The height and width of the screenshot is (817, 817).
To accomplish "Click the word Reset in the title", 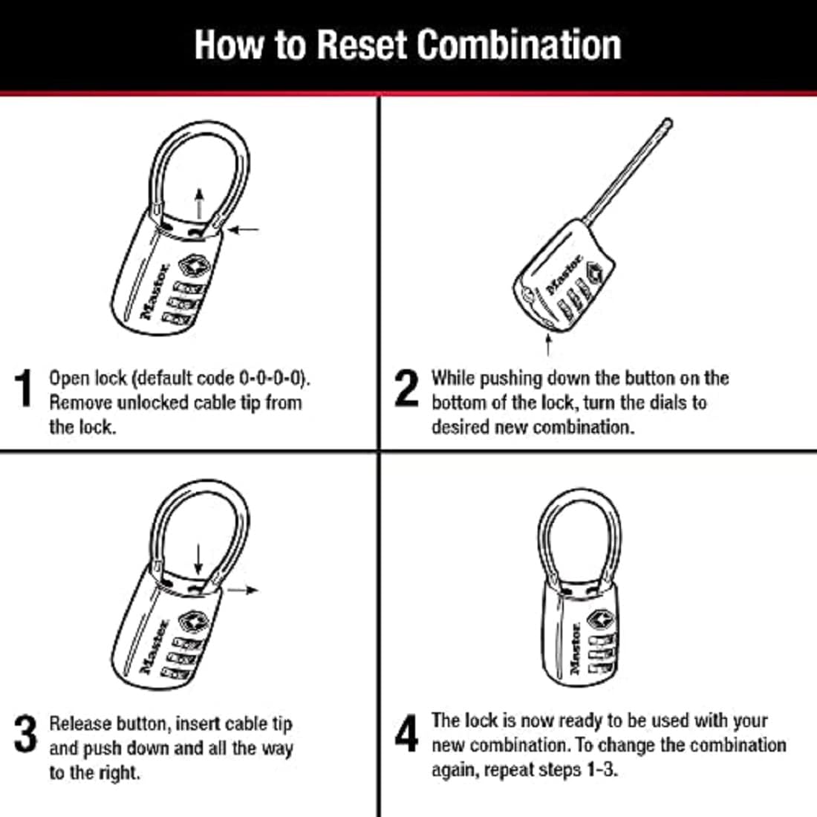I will (x=361, y=45).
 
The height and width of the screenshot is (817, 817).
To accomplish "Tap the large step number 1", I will (x=25, y=389).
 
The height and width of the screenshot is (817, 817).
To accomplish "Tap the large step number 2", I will (x=406, y=389).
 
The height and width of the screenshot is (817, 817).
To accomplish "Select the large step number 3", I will (x=25, y=734).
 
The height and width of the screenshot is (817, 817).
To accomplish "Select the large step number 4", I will (x=406, y=734).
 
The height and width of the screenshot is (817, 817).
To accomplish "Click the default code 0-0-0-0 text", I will (x=272, y=378).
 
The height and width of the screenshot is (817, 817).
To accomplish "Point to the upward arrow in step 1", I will (x=199, y=203).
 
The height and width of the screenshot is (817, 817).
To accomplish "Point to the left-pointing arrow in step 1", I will (x=244, y=230).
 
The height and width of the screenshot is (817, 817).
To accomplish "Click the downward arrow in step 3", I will (x=198, y=559).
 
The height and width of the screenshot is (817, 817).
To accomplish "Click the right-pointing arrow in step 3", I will (x=243, y=590).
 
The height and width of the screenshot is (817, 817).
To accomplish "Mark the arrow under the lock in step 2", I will (x=548, y=345).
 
